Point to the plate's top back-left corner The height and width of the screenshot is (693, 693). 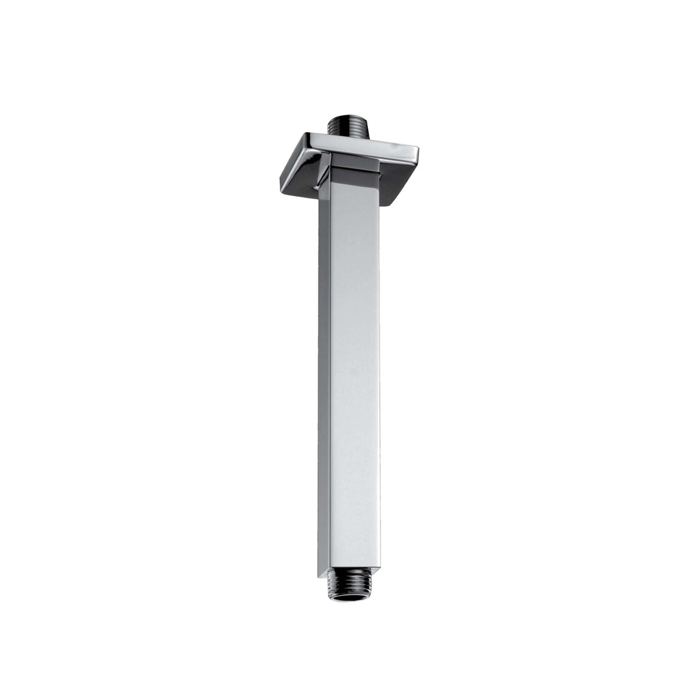[307, 135]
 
